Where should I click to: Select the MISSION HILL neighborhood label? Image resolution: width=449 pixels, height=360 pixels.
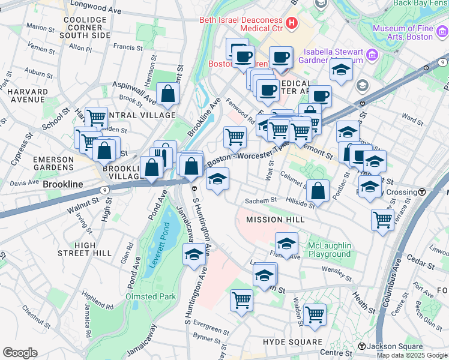point(275,220)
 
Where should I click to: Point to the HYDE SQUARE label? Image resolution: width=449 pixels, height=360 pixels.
point(294,342)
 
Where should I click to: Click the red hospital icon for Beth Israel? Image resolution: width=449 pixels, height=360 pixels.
point(292,23)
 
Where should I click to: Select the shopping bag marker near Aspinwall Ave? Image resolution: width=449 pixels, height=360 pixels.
point(167,94)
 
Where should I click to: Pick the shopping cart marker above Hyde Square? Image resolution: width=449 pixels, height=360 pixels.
point(315,314)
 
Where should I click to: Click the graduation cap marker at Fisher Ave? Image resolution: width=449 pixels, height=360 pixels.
point(287,243)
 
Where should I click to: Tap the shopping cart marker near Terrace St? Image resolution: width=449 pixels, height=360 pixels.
point(382,219)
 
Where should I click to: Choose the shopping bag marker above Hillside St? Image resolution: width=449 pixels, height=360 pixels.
point(318,190)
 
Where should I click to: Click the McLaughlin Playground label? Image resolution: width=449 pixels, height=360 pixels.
point(329,250)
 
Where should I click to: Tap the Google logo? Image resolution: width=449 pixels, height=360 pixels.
point(20,353)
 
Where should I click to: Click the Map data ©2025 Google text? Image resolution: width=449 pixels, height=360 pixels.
point(412,355)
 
